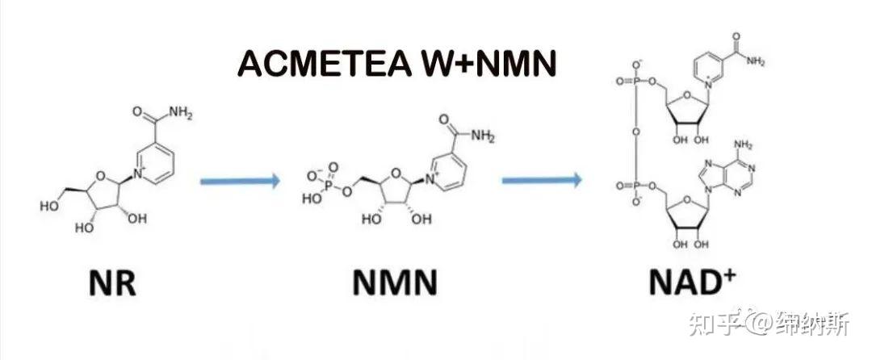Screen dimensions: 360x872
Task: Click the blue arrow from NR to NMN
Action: [x=240, y=180]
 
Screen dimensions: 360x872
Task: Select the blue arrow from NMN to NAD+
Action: [x=541, y=180]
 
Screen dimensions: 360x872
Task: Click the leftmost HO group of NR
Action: [x=48, y=207]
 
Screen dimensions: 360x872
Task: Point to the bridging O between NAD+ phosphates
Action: [x=635, y=131]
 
